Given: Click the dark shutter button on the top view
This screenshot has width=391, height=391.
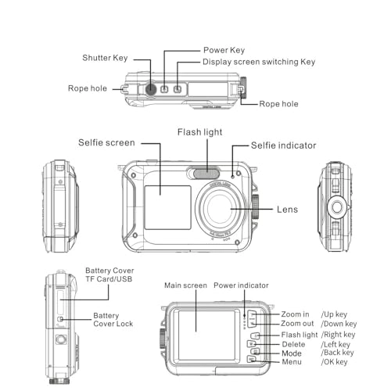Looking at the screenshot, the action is click(151, 89).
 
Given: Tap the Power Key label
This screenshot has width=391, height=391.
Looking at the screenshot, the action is click(224, 50).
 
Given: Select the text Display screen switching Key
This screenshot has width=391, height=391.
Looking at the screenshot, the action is click(259, 62).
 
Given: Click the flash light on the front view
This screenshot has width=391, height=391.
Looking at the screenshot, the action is click(206, 174).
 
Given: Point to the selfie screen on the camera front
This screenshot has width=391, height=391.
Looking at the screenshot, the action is click(167, 207).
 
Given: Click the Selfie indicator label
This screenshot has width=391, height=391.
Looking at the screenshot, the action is click(283, 145).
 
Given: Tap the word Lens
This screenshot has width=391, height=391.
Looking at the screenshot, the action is click(287, 210).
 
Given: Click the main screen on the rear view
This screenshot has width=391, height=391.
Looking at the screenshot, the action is click(206, 335).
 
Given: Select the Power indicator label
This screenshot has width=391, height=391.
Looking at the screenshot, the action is click(241, 285).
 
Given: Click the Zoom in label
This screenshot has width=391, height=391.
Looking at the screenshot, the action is click(295, 314).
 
